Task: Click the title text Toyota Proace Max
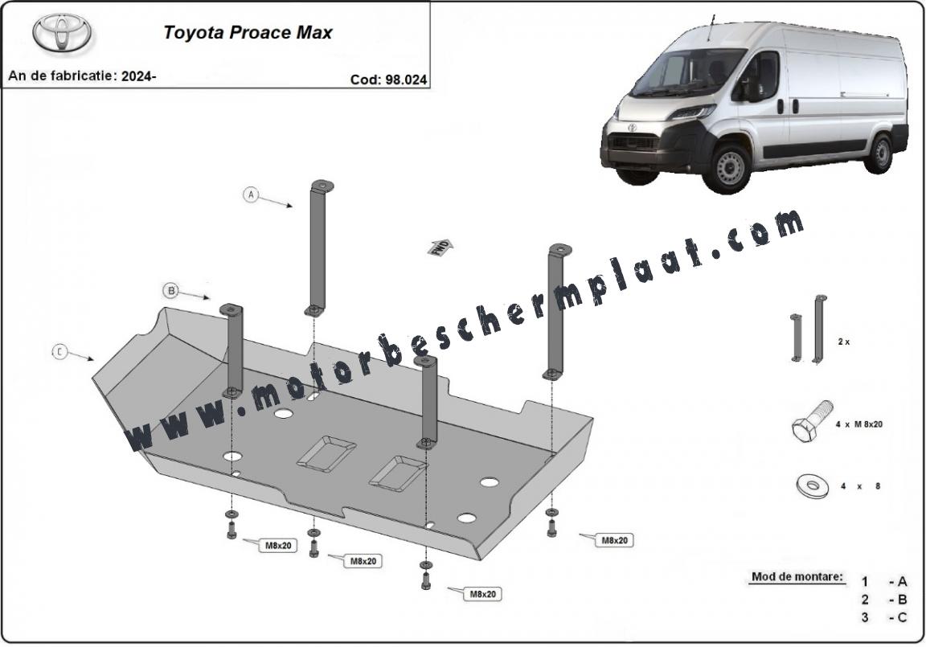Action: click(248, 32)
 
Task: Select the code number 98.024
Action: click(406, 80)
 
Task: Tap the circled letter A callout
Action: click(252, 194)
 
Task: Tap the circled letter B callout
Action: click(171, 290)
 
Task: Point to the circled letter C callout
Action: click(59, 351)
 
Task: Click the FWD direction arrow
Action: click(440, 248)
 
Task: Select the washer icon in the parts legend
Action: click(813, 485)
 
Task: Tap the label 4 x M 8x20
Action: click(859, 424)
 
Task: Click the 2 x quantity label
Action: click(843, 342)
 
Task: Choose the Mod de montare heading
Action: click(797, 576)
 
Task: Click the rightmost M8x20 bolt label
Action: click(614, 540)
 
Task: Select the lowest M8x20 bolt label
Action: click(482, 595)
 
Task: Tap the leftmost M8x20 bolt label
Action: click(277, 546)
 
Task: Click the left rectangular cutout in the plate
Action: click(326, 453)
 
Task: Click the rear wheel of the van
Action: click(881, 154)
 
